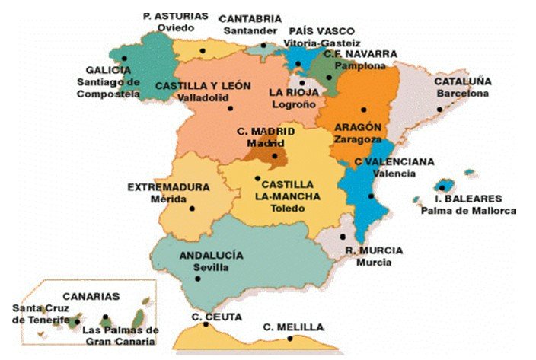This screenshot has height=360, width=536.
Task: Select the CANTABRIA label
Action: pos(250,19)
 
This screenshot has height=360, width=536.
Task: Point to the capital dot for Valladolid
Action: pos(231,108)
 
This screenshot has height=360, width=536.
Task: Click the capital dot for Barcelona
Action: pos(441,109)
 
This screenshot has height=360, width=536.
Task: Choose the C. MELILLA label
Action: pos(293,327)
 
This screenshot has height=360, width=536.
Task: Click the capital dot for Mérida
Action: pos(192,208)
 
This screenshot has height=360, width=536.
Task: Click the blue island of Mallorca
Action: pos(447,186)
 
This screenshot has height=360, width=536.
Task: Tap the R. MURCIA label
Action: pos(374,250)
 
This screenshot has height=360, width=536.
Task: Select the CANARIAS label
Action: pos(91,296)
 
